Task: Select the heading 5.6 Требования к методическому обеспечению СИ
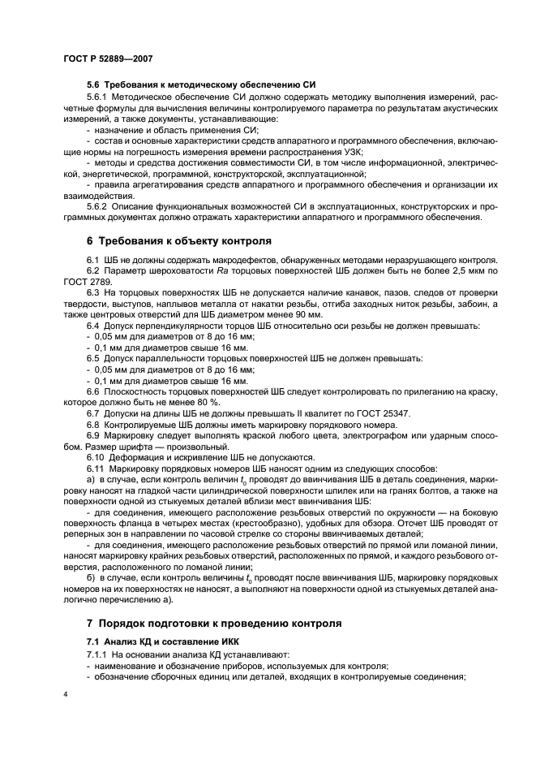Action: (201, 85)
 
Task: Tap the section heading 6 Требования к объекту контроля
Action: (178, 241)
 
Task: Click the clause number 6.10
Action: (98, 458)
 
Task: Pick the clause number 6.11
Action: (98, 469)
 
